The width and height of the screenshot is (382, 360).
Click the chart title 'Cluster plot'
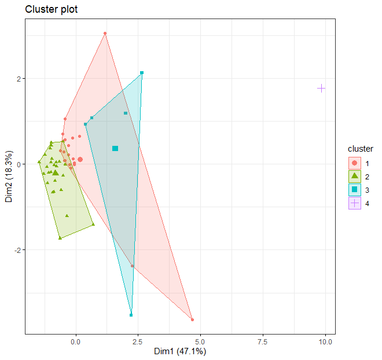[x=52, y=9]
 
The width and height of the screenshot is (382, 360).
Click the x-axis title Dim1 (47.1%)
[x=180, y=351]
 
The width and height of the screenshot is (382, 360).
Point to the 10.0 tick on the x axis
[x=325, y=341]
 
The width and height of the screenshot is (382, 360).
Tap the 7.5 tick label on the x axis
[x=263, y=341]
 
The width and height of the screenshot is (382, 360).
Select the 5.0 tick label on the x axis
[x=200, y=341]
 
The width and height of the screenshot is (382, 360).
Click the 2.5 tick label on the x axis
[x=138, y=341]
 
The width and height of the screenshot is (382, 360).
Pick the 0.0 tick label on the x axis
[x=75, y=341]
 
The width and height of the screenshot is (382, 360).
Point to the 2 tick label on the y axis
[x=19, y=79]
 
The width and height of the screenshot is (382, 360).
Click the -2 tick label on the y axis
[x=17, y=250]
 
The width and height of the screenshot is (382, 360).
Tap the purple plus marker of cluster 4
[x=321, y=88]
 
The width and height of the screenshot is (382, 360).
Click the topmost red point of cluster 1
[x=105, y=33]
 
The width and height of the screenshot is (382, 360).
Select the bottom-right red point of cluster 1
[x=192, y=319]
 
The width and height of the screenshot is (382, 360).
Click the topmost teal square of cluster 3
[x=142, y=73]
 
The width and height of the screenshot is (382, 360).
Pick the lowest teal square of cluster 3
[x=131, y=315]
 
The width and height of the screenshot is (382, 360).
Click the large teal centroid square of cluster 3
[x=115, y=149]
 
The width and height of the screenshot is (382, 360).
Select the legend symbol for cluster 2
[x=354, y=177]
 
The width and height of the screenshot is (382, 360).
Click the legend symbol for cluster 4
[x=354, y=203]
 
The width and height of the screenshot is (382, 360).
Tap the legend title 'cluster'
[x=361, y=149]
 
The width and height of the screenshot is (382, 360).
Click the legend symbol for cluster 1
[x=354, y=163]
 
